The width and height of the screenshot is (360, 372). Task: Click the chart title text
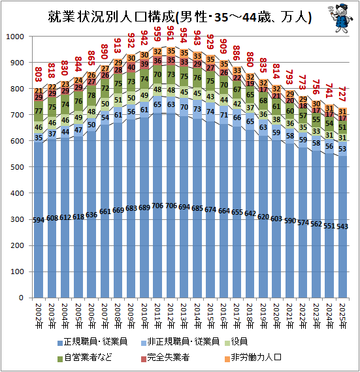[x=180, y=17]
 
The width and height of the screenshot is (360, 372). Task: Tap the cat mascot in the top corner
[x=340, y=18]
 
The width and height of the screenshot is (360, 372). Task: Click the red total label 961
[x=171, y=33]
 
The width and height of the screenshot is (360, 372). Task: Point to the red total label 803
[x=39, y=74]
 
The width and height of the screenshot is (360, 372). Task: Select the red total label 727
[x=342, y=94]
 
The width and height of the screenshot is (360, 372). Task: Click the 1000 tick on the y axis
[x=15, y=37]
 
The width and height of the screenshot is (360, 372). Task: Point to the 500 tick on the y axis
[x=18, y=167]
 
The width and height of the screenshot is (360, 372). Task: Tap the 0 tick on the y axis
[x=22, y=298]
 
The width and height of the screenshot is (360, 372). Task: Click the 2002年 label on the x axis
[x=39, y=316]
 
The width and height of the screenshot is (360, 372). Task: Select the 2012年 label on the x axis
[x=171, y=316]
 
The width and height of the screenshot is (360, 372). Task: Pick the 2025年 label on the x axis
[x=342, y=316]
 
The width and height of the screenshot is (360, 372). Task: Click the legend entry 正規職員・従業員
[x=93, y=342]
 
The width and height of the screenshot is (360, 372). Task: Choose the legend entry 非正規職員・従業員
[x=180, y=342]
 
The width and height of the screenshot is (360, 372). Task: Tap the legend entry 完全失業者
[x=165, y=358]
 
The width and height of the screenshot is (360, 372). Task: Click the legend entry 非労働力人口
[x=253, y=358]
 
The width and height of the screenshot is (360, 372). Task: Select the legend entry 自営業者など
[x=85, y=358]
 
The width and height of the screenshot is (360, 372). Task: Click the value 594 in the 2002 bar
[x=39, y=220]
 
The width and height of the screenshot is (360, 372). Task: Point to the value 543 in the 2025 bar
[x=342, y=226]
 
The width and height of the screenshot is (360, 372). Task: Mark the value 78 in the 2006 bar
[x=91, y=95]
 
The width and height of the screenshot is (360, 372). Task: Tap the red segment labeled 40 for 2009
[x=131, y=67]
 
